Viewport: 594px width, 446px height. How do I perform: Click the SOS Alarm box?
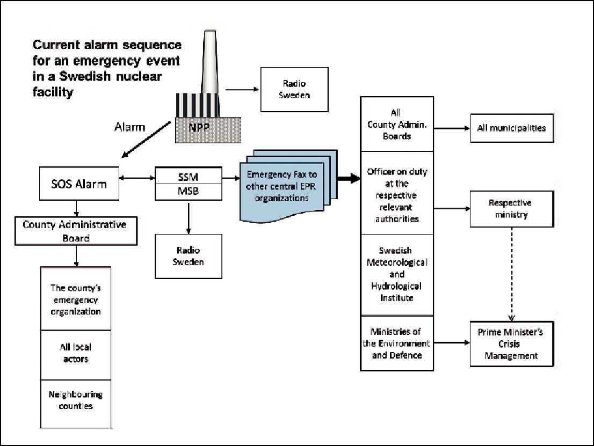tap(79, 184)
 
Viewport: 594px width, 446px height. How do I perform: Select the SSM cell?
tap(189, 177)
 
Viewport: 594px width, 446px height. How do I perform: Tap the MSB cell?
tap(189, 192)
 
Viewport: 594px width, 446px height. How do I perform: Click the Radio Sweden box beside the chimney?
tap(294, 89)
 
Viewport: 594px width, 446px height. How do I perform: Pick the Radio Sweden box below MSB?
tap(189, 257)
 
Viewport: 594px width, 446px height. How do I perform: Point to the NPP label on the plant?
tap(199, 128)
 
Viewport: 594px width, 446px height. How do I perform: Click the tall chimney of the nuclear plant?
tap(210, 62)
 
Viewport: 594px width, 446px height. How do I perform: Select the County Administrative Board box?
tap(76, 231)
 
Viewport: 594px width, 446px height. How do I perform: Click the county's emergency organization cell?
tap(76, 299)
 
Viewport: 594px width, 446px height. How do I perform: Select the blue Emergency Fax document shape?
tap(288, 186)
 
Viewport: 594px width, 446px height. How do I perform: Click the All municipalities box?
tap(512, 128)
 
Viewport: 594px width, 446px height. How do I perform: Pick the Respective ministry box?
tap(512, 209)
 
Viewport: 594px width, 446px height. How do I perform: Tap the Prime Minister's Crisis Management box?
tap(512, 344)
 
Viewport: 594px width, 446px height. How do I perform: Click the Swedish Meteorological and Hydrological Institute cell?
tap(397, 274)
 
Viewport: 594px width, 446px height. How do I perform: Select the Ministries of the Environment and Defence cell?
tap(397, 343)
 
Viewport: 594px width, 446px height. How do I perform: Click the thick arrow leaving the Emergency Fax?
tap(349, 178)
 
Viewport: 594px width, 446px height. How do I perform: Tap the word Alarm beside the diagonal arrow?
tap(130, 127)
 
